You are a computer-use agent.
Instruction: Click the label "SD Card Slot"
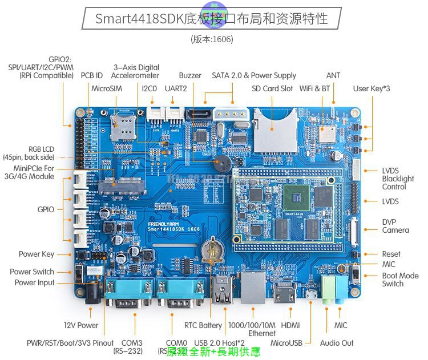[x=272, y=88]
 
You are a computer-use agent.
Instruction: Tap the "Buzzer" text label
[x=190, y=75]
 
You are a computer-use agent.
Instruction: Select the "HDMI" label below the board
[x=290, y=325]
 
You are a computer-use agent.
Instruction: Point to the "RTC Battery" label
[x=203, y=325]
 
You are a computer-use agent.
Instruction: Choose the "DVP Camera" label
[x=395, y=226]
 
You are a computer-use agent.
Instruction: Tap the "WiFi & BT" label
[x=314, y=88]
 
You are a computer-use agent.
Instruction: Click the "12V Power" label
[x=81, y=325]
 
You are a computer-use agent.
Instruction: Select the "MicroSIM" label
[x=107, y=88]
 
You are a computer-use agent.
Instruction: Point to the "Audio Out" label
[x=337, y=343]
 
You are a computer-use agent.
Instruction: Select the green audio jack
[x=328, y=289]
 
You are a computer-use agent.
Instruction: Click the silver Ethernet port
[x=252, y=289]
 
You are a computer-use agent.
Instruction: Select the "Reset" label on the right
[x=391, y=254]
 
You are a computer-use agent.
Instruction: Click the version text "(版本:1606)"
[x=212, y=39]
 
